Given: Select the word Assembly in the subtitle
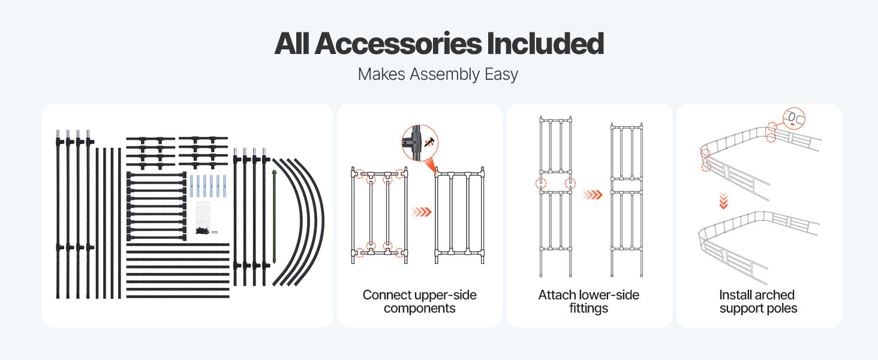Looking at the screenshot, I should point(441,74).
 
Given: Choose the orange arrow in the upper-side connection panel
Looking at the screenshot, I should point(422,211).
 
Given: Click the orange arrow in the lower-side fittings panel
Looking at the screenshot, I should point(592,194).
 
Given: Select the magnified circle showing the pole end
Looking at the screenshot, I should point(793,118).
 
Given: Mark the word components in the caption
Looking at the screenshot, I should point(419,309).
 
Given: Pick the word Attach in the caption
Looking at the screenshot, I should point(557,295).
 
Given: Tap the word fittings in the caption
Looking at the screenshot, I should point(588,309).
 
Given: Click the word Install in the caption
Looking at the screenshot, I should point(735,295).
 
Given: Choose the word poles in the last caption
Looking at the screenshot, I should point(783,309).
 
